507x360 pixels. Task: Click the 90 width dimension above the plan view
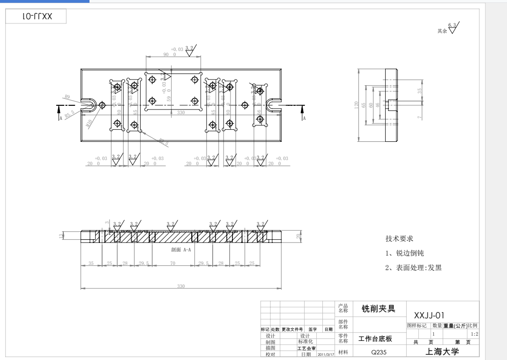click(167, 54)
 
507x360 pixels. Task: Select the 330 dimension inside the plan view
click(181, 113)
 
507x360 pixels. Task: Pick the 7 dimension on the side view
click(420, 117)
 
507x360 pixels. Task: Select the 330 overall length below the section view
click(181, 286)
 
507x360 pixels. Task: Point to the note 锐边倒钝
click(404, 253)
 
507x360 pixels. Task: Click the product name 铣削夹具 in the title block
click(378, 309)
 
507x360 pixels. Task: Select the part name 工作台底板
click(375, 338)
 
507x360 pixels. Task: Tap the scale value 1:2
click(474, 334)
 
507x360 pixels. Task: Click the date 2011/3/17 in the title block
click(325, 354)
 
